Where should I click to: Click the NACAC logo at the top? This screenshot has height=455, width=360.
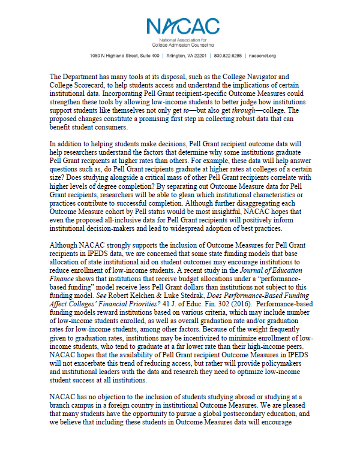coord(179,27)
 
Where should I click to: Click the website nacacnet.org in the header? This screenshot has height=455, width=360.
coord(262,56)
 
